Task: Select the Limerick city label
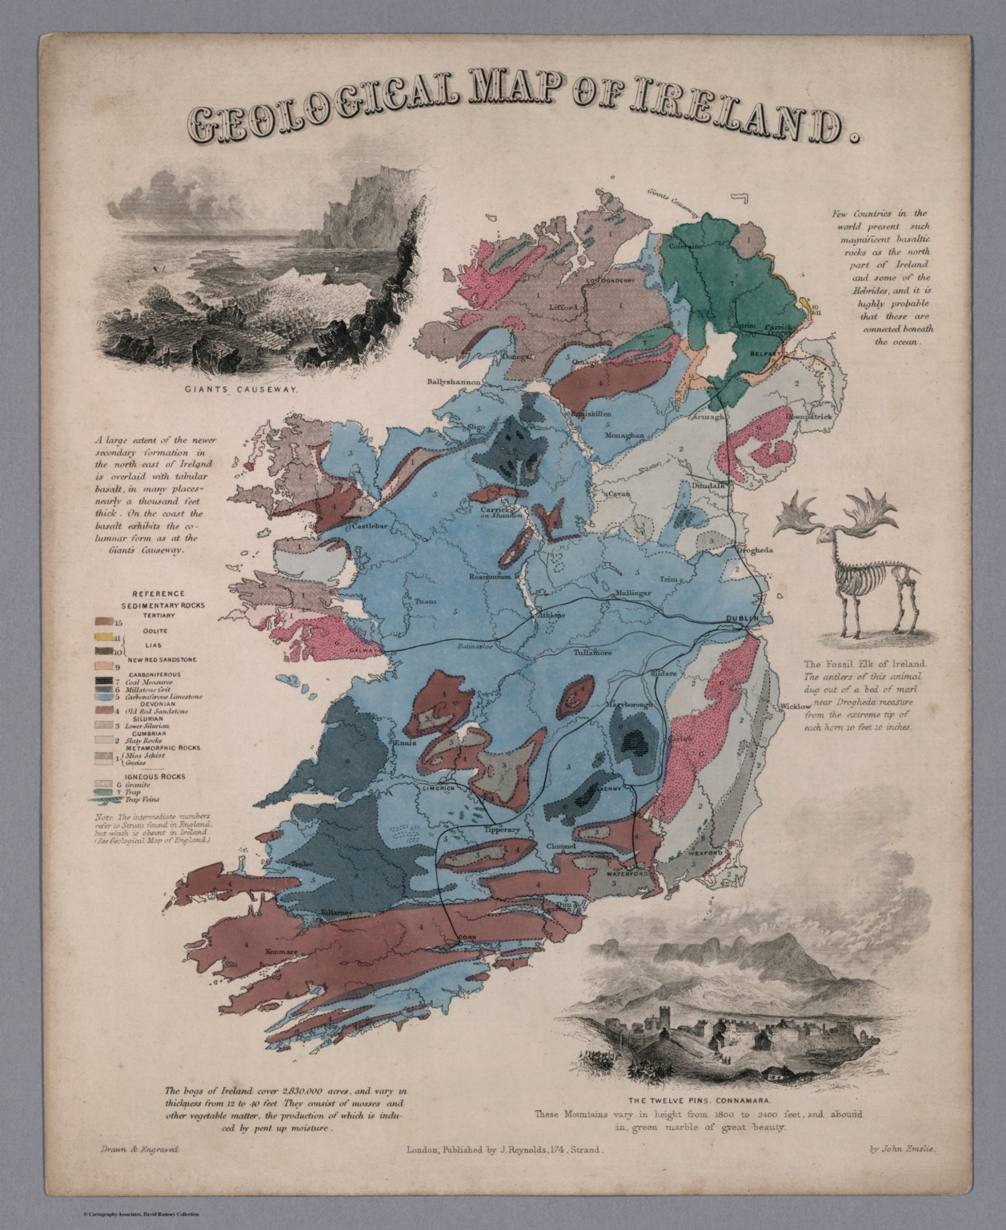[x=437, y=788]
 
